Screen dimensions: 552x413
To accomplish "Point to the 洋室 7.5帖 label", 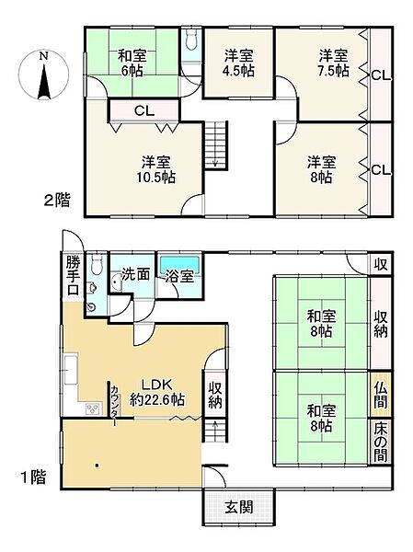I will [x=332, y=63].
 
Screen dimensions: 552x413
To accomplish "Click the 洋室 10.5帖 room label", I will [x=146, y=165].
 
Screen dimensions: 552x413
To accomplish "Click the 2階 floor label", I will [x=51, y=199].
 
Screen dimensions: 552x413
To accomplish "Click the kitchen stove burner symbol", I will [x=91, y=409].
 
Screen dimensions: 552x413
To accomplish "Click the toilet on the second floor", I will [x=189, y=42].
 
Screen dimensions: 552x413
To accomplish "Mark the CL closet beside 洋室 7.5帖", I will [x=378, y=75].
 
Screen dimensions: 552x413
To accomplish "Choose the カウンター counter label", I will [x=116, y=403].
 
